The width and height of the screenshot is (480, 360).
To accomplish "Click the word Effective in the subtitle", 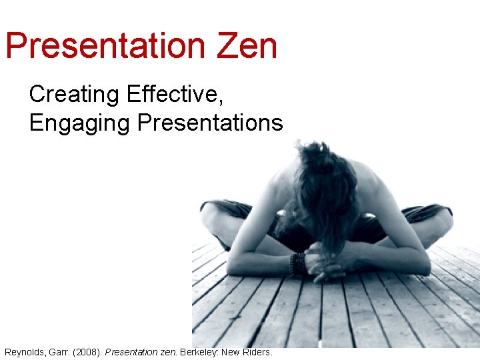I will tap(174, 95).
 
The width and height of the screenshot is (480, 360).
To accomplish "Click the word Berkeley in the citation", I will tap(199, 351).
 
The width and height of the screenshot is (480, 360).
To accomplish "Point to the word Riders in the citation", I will tap(257, 351).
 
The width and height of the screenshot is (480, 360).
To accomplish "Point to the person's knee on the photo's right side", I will tap(437, 223).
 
